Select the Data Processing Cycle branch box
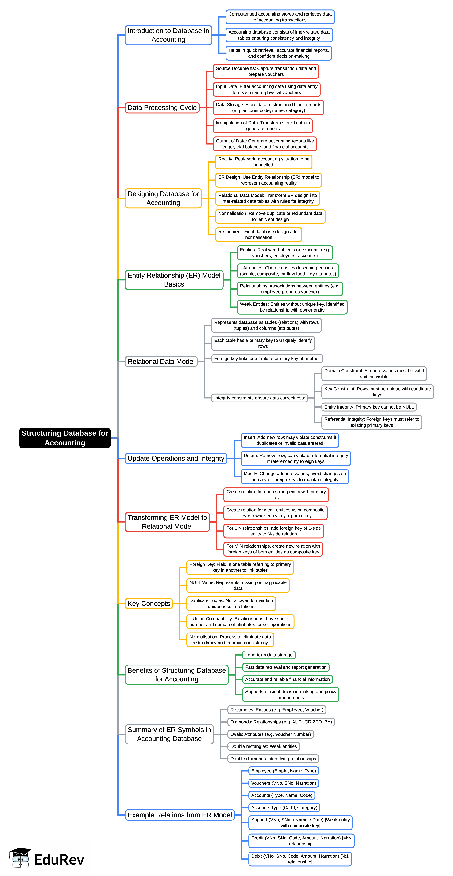point(162,107)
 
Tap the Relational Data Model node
point(161,362)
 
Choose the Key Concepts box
point(149,603)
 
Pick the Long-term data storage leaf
point(269,655)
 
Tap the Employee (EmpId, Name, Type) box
point(284,771)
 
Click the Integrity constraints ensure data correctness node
point(259,398)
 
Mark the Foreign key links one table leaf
point(267,359)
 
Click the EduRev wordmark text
point(59,859)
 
